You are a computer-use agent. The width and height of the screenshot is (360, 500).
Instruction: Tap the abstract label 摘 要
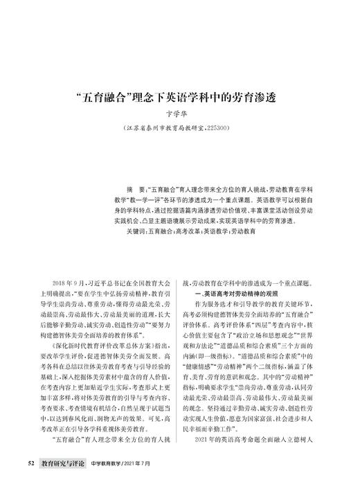134,188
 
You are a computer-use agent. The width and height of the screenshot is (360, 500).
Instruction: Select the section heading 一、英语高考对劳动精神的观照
237,294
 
